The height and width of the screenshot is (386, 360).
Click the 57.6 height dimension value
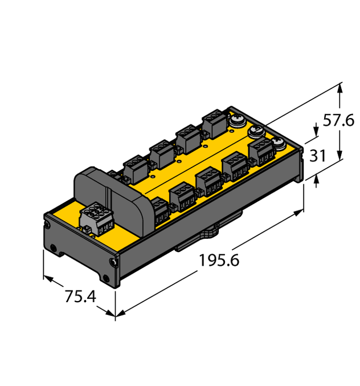click(338, 121)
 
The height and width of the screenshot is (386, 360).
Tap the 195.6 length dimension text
click(219, 261)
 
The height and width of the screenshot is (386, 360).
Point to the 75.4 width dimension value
click(80, 297)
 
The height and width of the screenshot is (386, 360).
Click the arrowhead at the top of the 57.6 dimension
click(340, 87)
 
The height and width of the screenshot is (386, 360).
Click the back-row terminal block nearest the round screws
click(212, 123)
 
